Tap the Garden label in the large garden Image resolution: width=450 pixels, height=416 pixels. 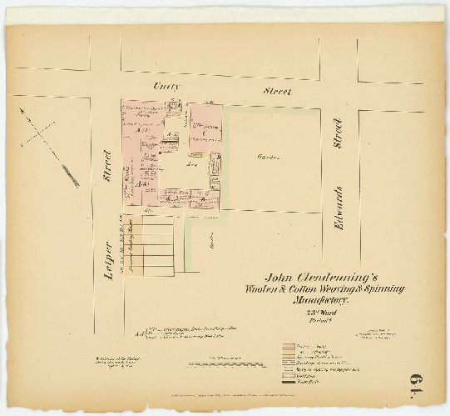[269, 157]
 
